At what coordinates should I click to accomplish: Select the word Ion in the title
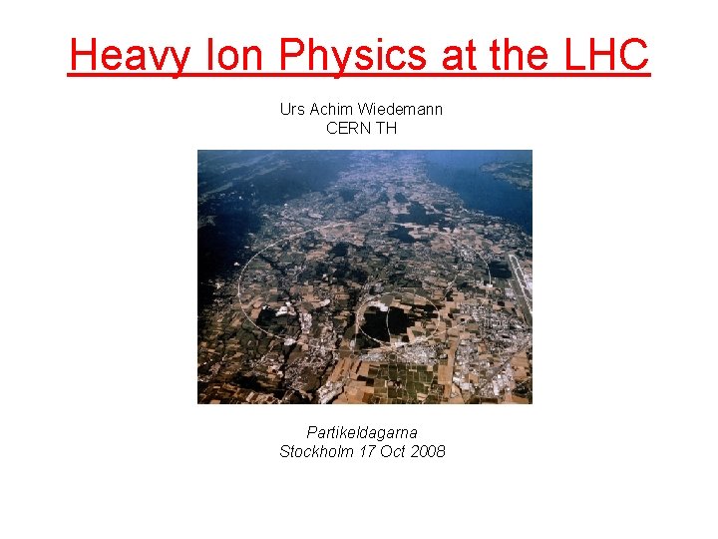pos(236,56)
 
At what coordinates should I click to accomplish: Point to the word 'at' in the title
pos(458,56)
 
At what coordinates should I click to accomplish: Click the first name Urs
pos(293,109)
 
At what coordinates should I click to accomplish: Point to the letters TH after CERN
pos(387,128)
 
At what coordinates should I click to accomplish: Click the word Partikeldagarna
pos(362,432)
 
